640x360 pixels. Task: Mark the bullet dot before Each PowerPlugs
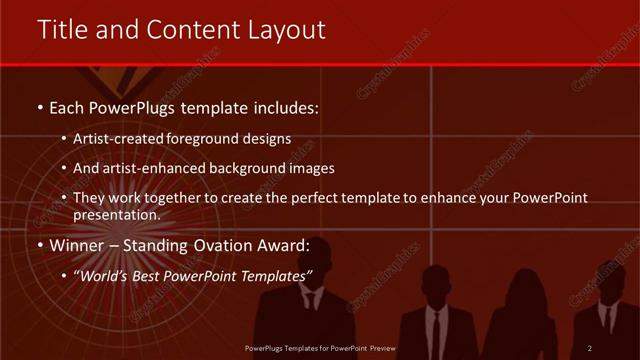pos(39,106)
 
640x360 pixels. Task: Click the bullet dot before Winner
pos(39,245)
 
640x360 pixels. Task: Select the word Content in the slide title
pos(190,31)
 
